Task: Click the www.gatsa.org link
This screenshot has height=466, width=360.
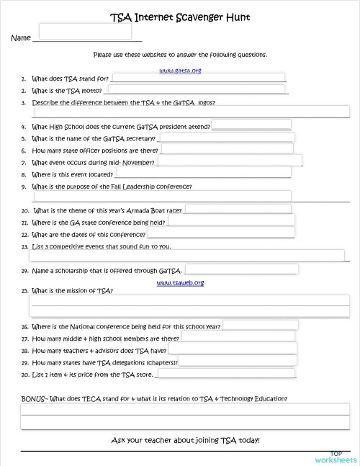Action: pyautogui.click(x=179, y=71)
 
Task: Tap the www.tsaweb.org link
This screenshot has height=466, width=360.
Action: pyautogui.click(x=180, y=282)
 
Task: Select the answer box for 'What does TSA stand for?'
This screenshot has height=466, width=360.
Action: pyautogui.click(x=197, y=79)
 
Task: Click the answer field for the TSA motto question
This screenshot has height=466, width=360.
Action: pyautogui.click(x=196, y=90)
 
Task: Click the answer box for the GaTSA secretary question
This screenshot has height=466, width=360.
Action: pyautogui.click(x=225, y=137)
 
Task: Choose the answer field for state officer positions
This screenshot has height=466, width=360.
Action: pyautogui.click(x=227, y=149)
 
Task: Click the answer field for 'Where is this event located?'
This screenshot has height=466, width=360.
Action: pyautogui.click(x=203, y=173)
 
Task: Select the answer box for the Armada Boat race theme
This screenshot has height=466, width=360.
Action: pyautogui.click(x=238, y=210)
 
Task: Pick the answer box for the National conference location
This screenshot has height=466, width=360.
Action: pyautogui.click(x=260, y=326)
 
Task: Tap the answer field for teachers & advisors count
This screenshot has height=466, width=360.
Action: pyautogui.click(x=233, y=349)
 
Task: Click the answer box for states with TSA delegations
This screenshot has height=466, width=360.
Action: pyautogui.click(x=238, y=361)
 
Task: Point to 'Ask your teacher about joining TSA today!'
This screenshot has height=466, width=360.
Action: pyautogui.click(x=185, y=440)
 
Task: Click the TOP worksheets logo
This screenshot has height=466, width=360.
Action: pyautogui.click(x=336, y=455)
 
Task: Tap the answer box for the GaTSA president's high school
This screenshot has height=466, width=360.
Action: pyautogui.click(x=251, y=125)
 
